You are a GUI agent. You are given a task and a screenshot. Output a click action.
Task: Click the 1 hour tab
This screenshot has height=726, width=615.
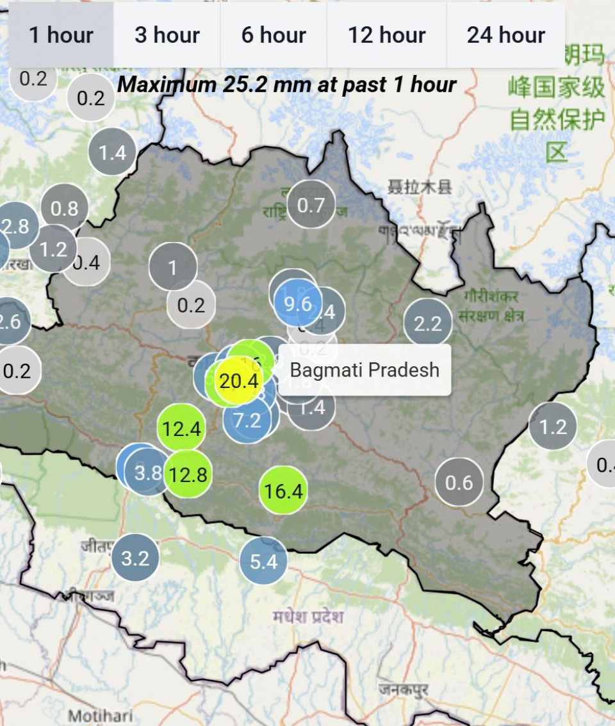point(61,35)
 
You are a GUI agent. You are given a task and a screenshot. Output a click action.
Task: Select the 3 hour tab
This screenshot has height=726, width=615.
point(167,35)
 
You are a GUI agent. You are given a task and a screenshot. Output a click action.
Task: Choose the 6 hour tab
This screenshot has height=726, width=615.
point(274,35)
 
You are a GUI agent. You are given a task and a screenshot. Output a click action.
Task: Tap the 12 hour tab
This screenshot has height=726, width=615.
point(386,35)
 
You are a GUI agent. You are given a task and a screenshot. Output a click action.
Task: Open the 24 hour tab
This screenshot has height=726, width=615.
point(505,35)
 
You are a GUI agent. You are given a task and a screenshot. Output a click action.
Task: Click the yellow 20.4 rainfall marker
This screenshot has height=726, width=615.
point(238,382)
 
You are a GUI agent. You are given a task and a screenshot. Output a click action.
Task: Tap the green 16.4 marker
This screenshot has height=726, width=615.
point(283,491)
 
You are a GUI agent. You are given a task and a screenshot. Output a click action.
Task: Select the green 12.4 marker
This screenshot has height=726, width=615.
point(182,428)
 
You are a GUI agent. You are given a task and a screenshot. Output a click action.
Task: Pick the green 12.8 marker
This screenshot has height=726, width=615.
point(188,474)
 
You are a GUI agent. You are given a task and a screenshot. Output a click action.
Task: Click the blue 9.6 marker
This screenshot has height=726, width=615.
point(298,303)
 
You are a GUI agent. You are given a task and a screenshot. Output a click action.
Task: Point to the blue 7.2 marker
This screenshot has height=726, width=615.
point(247,421)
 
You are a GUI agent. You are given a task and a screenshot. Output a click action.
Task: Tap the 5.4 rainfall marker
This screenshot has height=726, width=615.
point(263,562)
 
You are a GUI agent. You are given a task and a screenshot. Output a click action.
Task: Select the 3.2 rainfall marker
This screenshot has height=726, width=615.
point(135,558)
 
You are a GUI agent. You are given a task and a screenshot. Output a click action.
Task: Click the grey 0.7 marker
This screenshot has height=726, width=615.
point(311,206)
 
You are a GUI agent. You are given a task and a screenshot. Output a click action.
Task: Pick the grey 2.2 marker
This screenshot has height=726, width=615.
point(428,324)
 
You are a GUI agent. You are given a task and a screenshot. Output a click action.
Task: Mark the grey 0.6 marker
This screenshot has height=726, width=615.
point(459,482)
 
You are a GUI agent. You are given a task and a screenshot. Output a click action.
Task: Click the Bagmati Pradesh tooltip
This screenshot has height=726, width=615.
point(365,370)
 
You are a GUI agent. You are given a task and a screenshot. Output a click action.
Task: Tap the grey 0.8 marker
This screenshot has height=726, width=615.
point(65,208)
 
